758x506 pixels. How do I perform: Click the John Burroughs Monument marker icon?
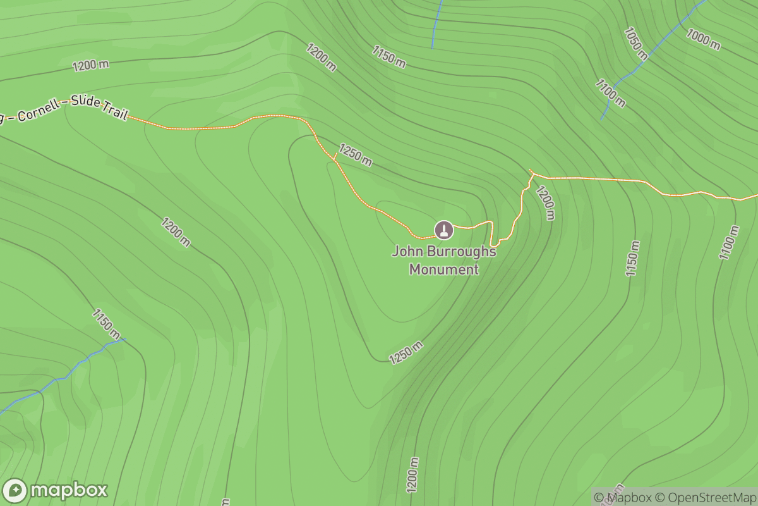444,229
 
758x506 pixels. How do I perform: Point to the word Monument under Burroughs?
444,269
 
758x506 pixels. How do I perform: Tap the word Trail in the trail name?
116,113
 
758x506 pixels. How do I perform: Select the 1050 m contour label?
636,43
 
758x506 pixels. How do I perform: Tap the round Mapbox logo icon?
15,491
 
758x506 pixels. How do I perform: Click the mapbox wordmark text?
69,491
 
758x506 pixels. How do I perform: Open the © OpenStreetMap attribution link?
704,497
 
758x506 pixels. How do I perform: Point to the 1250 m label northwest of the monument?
355,154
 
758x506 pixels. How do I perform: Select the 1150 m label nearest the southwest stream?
106,323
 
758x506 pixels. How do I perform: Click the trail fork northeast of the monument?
531,173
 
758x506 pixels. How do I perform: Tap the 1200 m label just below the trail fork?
545,202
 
